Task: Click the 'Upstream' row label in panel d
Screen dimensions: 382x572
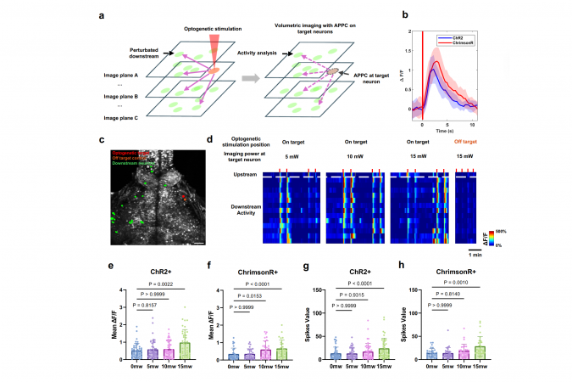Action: pos(244,174)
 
